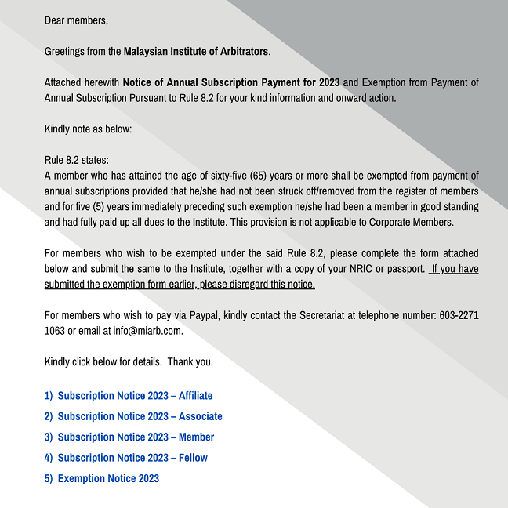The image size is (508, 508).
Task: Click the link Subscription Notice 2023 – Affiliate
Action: coord(135,396)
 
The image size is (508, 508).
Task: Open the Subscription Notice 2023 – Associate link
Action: coord(140,416)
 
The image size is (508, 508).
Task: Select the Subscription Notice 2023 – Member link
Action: coord(136,437)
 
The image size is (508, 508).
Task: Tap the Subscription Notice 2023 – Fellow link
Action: coord(132,457)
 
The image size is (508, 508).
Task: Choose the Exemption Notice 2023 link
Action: coord(108,478)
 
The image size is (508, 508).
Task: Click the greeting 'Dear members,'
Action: coord(76,20)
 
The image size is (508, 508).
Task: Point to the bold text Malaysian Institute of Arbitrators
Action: coord(196,52)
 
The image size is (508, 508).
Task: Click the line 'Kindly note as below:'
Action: coord(88,129)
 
